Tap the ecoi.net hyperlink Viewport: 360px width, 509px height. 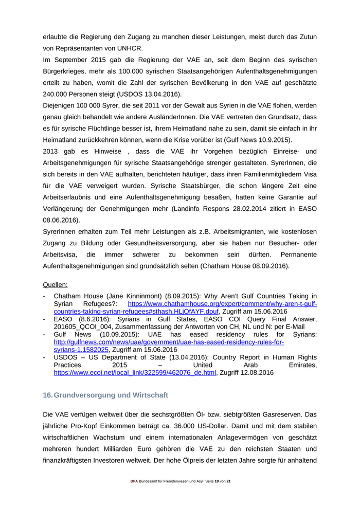(x=135, y=373)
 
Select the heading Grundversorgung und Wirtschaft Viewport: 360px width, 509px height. (x=111, y=395)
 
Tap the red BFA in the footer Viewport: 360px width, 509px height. (x=134, y=481)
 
